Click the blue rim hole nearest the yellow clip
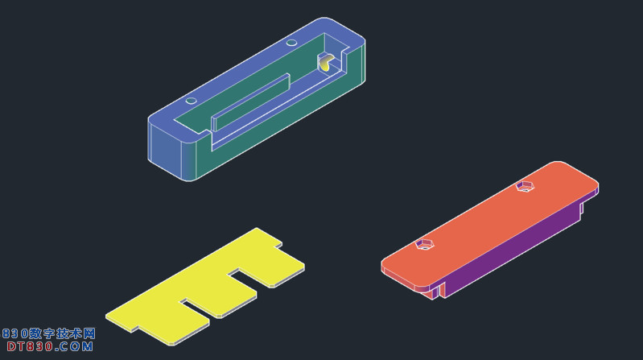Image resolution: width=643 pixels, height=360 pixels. pos(291,43)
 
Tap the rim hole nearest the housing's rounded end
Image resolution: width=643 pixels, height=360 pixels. pos(191,101)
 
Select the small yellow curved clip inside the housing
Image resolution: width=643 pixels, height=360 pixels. pos(325,64)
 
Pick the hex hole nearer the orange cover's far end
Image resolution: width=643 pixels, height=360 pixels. pos(525,186)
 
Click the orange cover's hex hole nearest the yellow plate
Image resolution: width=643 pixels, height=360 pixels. pos(424,244)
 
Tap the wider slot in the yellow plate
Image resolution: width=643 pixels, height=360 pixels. pos(249,280)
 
